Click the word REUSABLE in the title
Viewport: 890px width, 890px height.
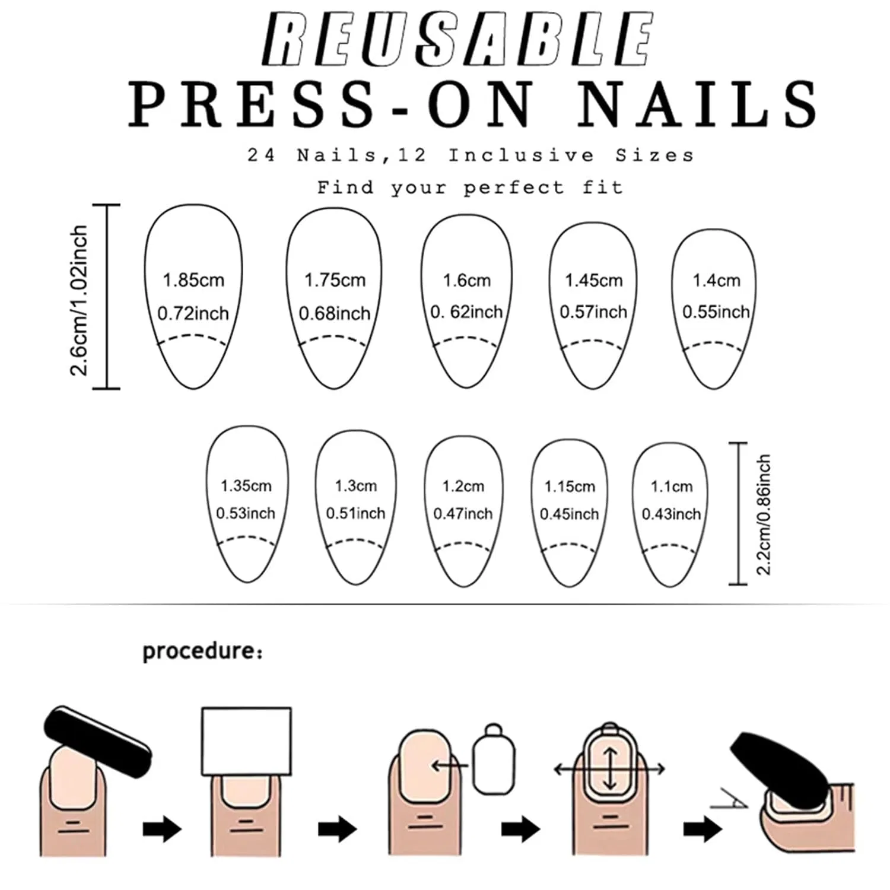point(457,40)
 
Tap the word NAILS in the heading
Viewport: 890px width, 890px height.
point(698,104)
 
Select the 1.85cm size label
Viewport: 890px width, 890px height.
point(193,280)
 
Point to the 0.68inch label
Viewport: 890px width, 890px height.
point(335,313)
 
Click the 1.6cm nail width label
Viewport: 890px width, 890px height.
point(467,280)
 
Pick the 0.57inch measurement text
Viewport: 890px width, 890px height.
point(593,312)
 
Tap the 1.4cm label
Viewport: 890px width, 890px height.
point(717,280)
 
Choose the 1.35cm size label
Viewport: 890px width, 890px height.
point(246,486)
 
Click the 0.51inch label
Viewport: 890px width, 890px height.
point(355,513)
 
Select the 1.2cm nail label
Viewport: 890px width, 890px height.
point(463,487)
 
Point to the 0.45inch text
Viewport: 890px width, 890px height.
point(570,514)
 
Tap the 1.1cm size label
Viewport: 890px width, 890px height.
point(672,487)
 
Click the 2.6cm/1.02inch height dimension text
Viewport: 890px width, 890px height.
point(79,300)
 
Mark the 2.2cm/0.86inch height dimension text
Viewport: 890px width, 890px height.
point(764,515)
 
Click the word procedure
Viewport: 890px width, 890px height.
point(198,651)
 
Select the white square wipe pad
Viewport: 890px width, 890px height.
point(247,742)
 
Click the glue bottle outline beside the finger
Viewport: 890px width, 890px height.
point(493,759)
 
